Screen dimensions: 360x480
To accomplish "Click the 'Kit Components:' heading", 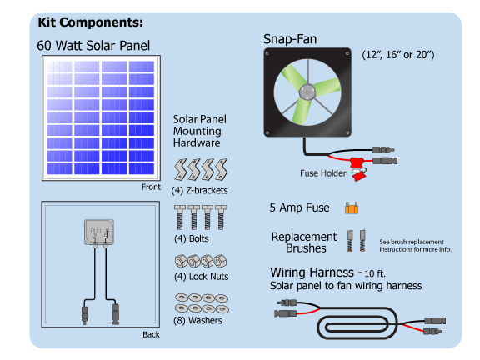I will (x=90, y=22).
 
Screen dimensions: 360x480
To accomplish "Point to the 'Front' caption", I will (x=151, y=187).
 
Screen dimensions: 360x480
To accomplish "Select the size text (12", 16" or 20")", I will (x=398, y=55).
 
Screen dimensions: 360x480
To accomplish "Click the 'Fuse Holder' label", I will (x=322, y=175).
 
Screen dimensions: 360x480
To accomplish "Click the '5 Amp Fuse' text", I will (x=299, y=207).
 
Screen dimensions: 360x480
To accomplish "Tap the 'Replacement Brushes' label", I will (x=304, y=242).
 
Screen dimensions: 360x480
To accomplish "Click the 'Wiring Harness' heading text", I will (x=319, y=272).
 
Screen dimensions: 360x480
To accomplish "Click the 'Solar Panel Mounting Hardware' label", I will (x=199, y=131).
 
